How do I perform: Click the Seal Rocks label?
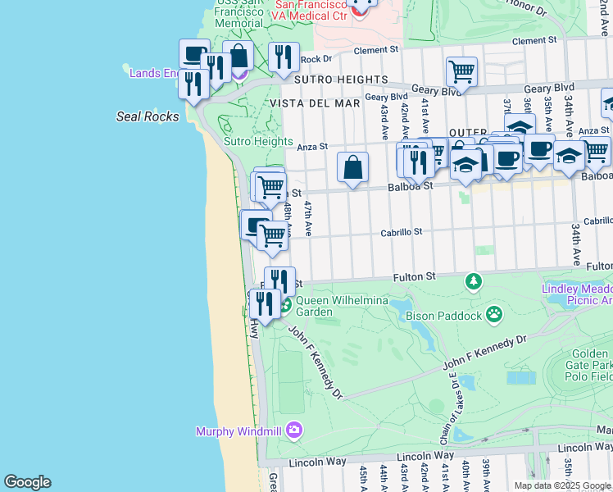point(148,116)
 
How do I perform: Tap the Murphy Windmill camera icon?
point(294,430)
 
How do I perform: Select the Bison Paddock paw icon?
point(494,314)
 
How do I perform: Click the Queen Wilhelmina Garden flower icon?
point(285,307)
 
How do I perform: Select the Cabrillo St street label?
point(401,232)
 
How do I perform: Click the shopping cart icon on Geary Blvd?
point(461,71)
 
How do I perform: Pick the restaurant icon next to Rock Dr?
point(283,57)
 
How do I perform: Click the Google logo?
point(27,482)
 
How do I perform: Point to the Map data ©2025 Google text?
point(562,485)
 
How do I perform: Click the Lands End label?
point(153,73)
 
